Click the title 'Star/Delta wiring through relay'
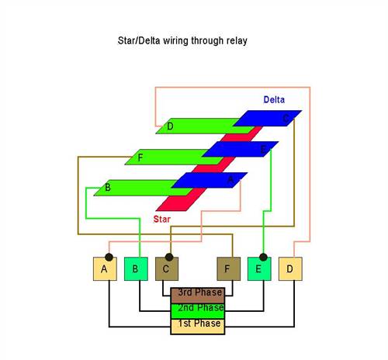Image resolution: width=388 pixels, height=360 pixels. (182, 40)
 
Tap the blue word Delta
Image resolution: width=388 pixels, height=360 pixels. (274, 99)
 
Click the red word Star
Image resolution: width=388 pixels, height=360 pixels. (162, 219)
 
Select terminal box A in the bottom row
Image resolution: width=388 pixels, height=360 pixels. (105, 268)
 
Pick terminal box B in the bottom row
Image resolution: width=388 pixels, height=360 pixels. (136, 268)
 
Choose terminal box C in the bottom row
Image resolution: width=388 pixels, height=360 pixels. (167, 268)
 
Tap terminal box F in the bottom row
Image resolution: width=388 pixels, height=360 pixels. (229, 268)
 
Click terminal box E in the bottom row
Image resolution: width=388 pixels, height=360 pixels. (259, 268)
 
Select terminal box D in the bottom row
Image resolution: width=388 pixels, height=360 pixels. (290, 268)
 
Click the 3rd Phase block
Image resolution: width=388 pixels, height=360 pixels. (198, 296)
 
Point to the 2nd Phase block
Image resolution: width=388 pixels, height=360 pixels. (198, 311)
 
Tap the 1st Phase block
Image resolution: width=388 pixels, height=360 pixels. (198, 327)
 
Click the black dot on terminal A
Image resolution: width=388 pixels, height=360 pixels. (109, 257)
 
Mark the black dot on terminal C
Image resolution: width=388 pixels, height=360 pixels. (169, 257)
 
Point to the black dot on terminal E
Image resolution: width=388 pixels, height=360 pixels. (263, 257)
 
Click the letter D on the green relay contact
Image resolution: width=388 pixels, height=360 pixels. (170, 126)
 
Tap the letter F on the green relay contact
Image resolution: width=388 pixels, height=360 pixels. (140, 157)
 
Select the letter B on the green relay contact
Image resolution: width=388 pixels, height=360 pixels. (108, 187)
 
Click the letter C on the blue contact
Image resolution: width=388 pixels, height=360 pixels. (286, 119)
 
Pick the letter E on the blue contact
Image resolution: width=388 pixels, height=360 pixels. (263, 150)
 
